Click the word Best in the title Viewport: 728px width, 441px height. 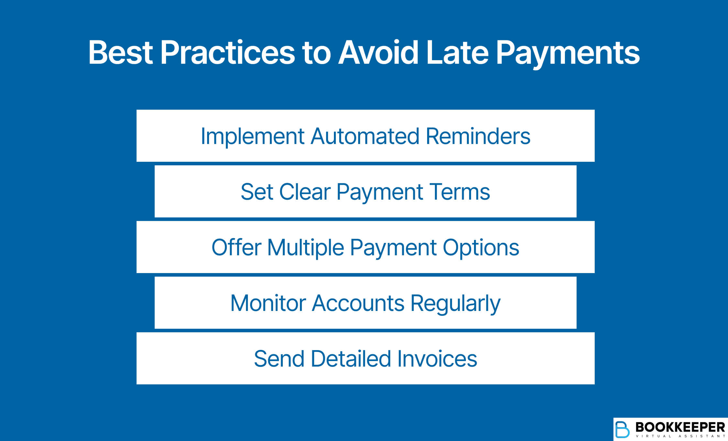click(120, 53)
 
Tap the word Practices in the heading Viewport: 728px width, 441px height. click(227, 53)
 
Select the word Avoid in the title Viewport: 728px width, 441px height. click(378, 53)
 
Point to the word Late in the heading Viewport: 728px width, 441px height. click(457, 53)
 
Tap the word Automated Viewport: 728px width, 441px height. click(365, 136)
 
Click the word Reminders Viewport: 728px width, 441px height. click(478, 136)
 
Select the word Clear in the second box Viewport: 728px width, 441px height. click(304, 192)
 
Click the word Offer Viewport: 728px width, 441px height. click(236, 248)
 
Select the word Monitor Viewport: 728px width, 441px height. click(268, 303)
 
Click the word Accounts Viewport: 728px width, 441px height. click(358, 303)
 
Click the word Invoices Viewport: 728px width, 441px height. click(437, 359)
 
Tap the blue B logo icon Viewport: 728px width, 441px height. click(622, 429)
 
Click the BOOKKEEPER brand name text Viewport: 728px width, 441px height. click(680, 427)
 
